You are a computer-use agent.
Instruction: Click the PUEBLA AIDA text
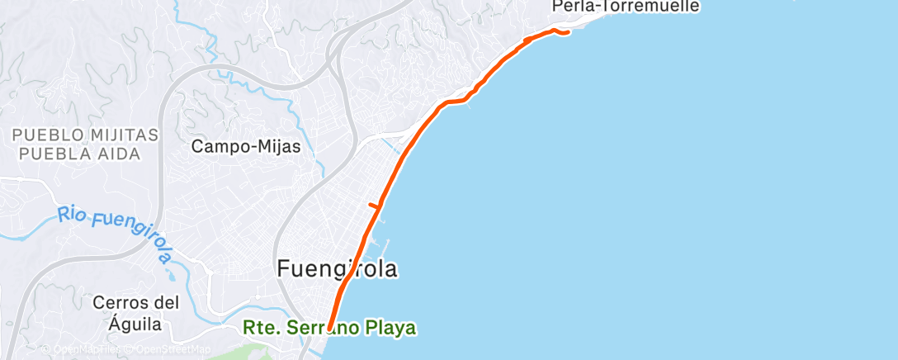(79, 153)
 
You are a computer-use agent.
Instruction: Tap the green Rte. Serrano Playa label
(329, 329)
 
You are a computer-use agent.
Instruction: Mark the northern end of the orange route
(569, 33)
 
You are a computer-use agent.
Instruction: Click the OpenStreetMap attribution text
(174, 350)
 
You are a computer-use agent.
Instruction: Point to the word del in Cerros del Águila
(169, 302)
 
